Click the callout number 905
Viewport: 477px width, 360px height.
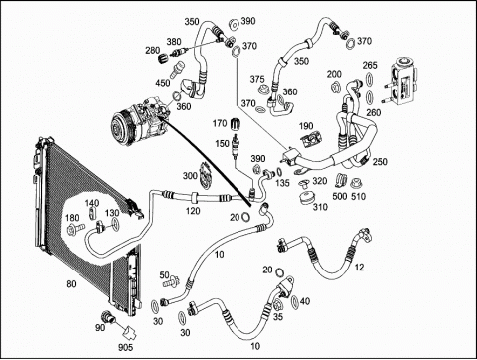pyautogui.click(x=126, y=347)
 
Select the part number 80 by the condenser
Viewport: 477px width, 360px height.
pyautogui.click(x=71, y=284)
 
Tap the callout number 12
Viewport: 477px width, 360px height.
pyautogui.click(x=359, y=267)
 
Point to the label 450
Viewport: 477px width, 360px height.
pyautogui.click(x=163, y=83)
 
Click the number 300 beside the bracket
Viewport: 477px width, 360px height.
pyautogui.click(x=190, y=176)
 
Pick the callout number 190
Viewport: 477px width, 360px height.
pyautogui.click(x=306, y=126)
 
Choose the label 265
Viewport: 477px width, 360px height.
pyautogui.click(x=370, y=65)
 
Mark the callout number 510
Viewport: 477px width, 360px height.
pyautogui.click(x=358, y=196)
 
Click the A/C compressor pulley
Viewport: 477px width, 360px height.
pyautogui.click(x=121, y=127)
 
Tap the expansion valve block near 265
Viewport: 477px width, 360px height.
pyautogui.click(x=403, y=82)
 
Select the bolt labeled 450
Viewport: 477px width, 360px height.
pyautogui.click(x=175, y=70)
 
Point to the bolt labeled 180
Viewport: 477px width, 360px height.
pyautogui.click(x=77, y=228)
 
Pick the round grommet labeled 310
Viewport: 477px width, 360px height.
pyautogui.click(x=306, y=198)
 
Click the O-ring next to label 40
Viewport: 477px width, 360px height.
pyautogui.click(x=295, y=301)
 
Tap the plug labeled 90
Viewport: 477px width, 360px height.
pyautogui.click(x=108, y=317)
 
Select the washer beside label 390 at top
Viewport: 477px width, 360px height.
pyautogui.click(x=234, y=25)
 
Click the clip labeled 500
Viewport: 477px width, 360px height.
pyautogui.click(x=341, y=179)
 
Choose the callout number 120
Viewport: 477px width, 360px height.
pyautogui.click(x=193, y=211)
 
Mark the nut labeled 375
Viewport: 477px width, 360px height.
pyautogui.click(x=263, y=90)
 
